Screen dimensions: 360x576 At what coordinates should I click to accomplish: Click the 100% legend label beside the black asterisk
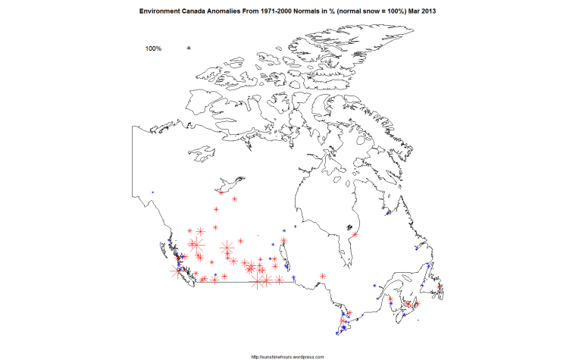pyautogui.click(x=153, y=49)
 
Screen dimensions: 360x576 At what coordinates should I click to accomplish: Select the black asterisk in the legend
pyautogui.click(x=189, y=49)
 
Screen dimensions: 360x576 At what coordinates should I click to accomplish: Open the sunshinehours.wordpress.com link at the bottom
pyautogui.click(x=287, y=356)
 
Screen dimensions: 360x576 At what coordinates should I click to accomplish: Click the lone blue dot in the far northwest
pyautogui.click(x=152, y=192)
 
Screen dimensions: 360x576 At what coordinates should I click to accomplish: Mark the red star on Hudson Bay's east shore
pyautogui.click(x=353, y=234)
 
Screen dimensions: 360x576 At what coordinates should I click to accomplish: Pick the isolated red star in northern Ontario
pyautogui.click(x=324, y=276)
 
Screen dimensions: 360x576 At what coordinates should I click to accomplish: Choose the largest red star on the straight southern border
pyautogui.click(x=259, y=281)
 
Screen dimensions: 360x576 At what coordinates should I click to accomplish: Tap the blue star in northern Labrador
pyautogui.click(x=389, y=214)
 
